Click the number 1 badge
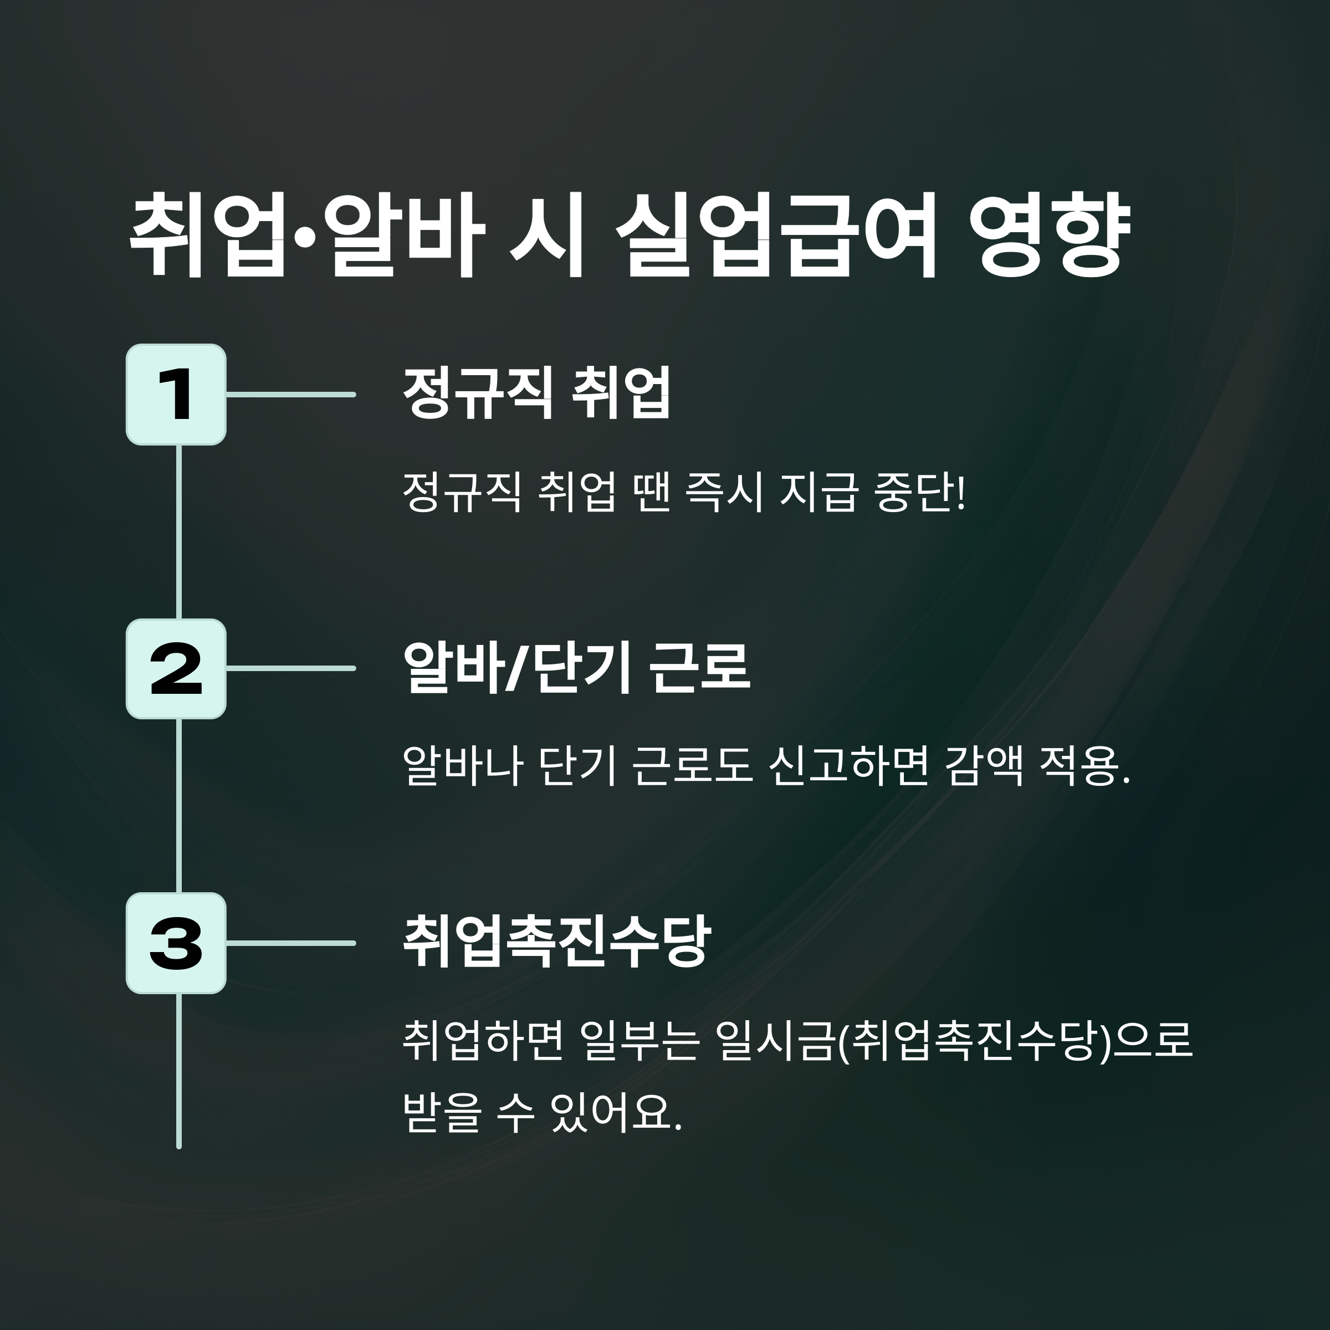(x=176, y=395)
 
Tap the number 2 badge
(x=176, y=668)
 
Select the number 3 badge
(x=176, y=943)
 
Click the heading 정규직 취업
(x=536, y=392)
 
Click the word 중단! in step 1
(x=920, y=493)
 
